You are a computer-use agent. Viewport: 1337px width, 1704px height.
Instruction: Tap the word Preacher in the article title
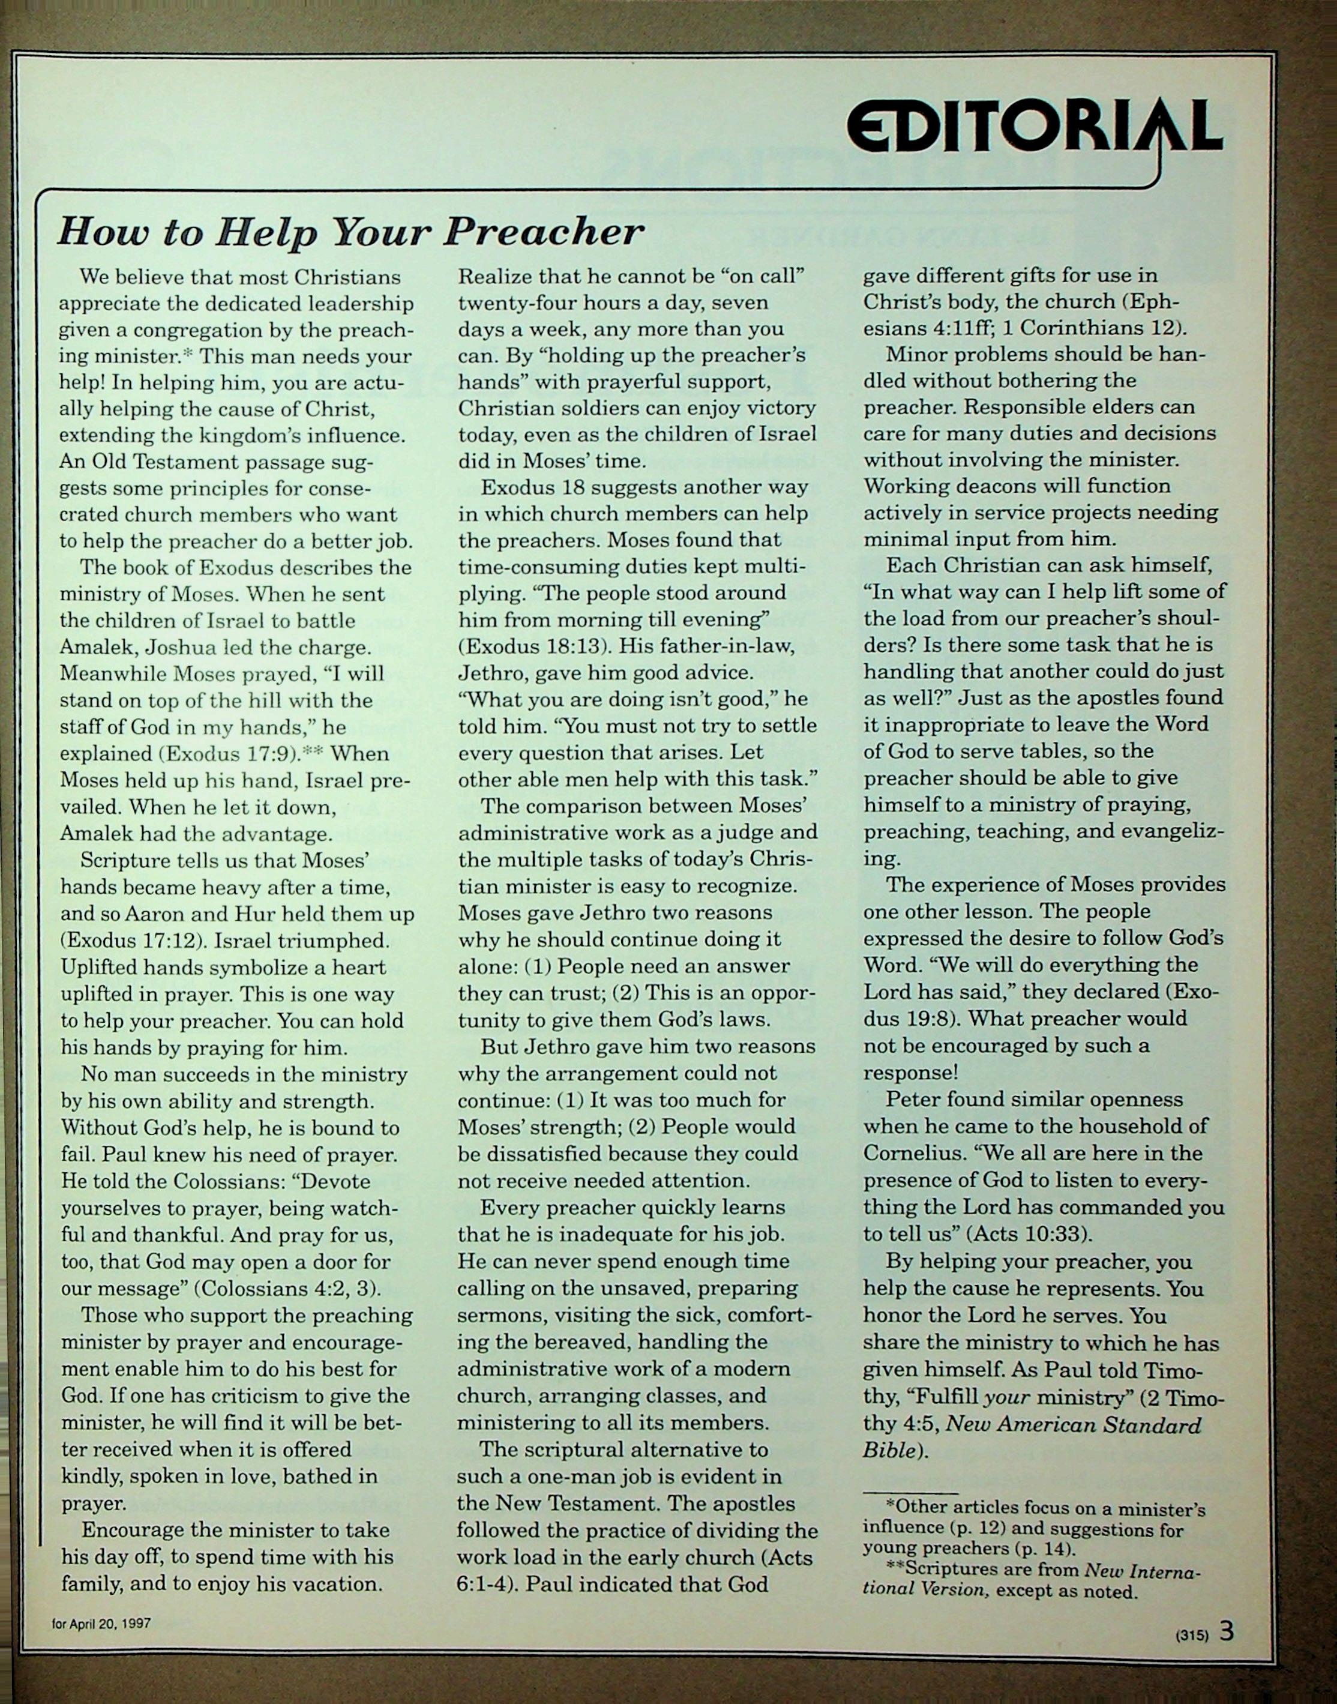[x=543, y=232]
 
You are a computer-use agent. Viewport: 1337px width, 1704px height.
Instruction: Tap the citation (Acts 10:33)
[x=1029, y=1233]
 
